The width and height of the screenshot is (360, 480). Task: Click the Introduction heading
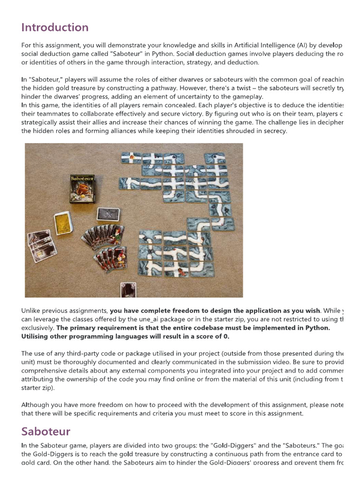pos(55,27)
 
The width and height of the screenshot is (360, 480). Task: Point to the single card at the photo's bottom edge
pos(128,290)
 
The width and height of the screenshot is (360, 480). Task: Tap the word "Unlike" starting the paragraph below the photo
pos(31,311)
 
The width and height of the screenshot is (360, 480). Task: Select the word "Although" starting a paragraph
pos(36,405)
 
